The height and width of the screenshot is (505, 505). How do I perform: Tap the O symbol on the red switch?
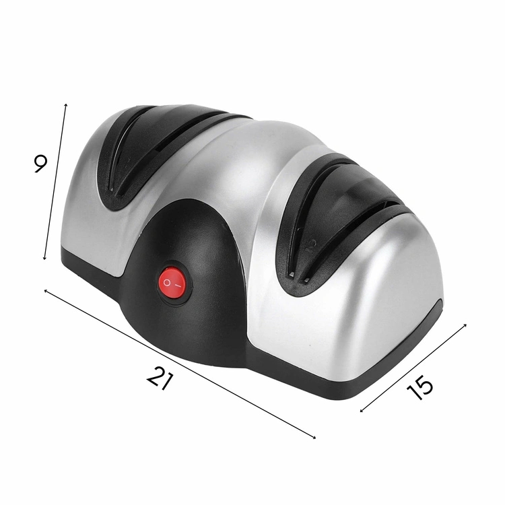click(x=167, y=282)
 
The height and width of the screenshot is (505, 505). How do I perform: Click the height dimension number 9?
click(x=40, y=164)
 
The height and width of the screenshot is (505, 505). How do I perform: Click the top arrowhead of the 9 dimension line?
click(x=66, y=104)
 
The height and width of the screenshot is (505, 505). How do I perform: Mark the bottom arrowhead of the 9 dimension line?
click(x=44, y=258)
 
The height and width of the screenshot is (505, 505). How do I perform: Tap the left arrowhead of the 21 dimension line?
click(x=45, y=291)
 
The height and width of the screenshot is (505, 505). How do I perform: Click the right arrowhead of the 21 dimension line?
click(x=314, y=437)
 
